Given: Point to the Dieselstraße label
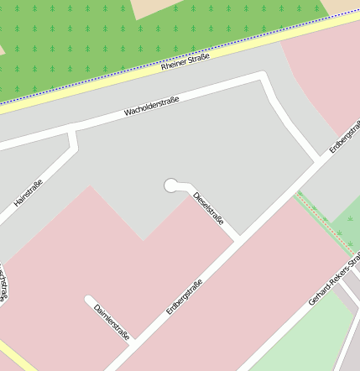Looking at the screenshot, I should (209, 209).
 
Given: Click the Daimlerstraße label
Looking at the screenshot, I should (112, 321).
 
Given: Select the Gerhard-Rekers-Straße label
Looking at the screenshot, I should (335, 281).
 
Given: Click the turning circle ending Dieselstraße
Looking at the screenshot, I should (172, 185).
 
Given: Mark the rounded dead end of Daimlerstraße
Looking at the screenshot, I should (89, 299).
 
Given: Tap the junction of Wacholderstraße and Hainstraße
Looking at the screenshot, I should (73, 132).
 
